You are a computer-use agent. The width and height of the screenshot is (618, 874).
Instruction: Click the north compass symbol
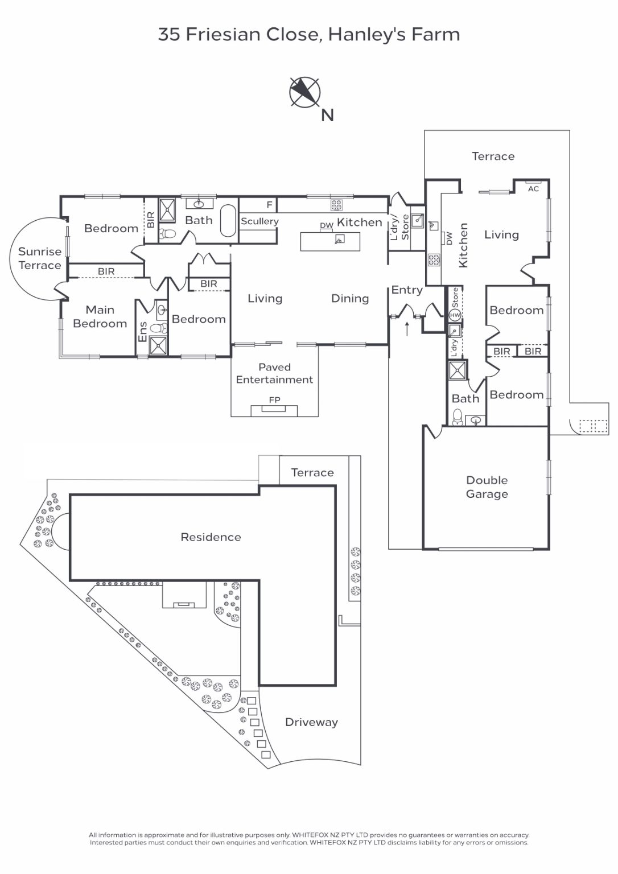tap(304, 93)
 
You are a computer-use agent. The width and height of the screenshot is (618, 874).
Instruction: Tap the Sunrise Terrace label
tap(40, 258)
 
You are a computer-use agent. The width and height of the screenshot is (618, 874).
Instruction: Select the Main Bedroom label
tap(100, 316)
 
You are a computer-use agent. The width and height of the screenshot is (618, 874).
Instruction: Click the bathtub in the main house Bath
tap(228, 220)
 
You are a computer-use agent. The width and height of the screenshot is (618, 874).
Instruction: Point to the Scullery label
tap(259, 221)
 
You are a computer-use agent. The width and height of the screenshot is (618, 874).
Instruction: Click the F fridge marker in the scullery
tap(269, 205)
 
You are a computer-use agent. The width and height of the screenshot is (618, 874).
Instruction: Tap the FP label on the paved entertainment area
tap(275, 400)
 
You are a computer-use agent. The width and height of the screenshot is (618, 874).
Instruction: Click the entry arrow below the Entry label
tap(407, 329)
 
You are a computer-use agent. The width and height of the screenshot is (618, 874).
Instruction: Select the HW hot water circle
tap(455, 315)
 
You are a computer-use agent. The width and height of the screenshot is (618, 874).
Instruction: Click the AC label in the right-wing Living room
tap(533, 189)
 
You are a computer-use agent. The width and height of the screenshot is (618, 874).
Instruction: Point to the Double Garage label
tap(487, 487)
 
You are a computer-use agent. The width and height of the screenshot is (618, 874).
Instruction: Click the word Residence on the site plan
tap(211, 537)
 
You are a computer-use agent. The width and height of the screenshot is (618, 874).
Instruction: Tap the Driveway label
tap(311, 722)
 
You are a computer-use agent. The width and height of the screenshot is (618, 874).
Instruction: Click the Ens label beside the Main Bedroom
tap(142, 332)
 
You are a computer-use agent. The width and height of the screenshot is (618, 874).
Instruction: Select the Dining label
tap(350, 299)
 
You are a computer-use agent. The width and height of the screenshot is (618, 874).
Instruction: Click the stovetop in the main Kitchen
tap(336, 205)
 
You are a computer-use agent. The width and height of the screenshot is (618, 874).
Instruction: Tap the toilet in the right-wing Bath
tap(457, 417)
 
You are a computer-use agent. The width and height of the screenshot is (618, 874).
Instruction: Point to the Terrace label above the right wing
tap(493, 156)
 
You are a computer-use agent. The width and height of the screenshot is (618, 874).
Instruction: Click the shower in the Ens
tap(158, 346)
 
